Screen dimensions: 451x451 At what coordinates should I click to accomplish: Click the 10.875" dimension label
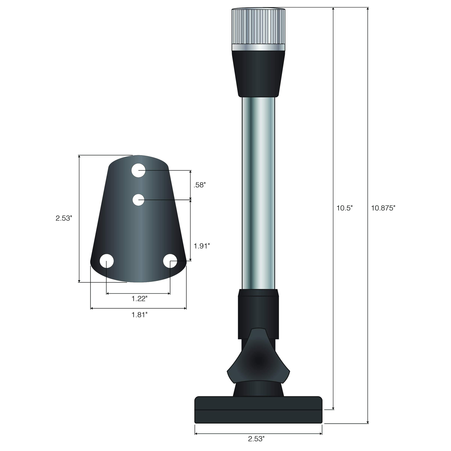[383, 208]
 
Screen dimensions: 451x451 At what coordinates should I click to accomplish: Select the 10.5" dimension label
[344, 208]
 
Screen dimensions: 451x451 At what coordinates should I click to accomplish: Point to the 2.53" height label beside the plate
[64, 218]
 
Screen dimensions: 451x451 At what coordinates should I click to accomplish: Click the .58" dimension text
[199, 185]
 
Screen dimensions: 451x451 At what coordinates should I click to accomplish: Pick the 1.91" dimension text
[201, 246]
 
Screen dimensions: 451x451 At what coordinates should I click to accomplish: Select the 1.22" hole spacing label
[139, 299]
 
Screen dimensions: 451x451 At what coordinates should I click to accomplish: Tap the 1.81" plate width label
[139, 315]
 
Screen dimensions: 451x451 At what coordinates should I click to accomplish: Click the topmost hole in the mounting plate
[138, 170]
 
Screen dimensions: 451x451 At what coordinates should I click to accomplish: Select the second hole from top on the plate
[138, 200]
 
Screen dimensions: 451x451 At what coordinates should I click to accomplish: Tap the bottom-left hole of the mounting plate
[106, 261]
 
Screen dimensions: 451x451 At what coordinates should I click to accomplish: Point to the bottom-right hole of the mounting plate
[170, 261]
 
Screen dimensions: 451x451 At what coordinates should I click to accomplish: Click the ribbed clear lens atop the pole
[258, 26]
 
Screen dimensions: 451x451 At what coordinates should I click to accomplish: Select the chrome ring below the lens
[258, 47]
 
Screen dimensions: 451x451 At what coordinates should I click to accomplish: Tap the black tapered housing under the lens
[258, 73]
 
